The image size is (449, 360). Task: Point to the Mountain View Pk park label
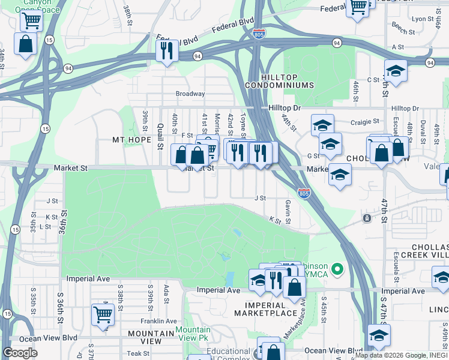pyautogui.click(x=193, y=334)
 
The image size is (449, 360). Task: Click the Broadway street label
pyautogui.click(x=190, y=94)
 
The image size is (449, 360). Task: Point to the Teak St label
pyautogui.click(x=137, y=354)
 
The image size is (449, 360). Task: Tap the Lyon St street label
pyautogui.click(x=423, y=19)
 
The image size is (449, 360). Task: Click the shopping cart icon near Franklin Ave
pyautogui.click(x=103, y=313)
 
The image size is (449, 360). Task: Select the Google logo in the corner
pyautogui.click(x=20, y=353)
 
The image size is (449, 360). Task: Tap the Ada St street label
pyautogui.click(x=166, y=291)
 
